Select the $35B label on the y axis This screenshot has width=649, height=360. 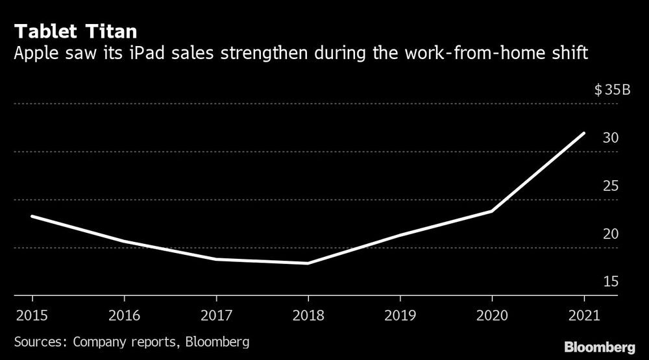coord(612,90)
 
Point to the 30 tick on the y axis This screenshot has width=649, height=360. coord(610,138)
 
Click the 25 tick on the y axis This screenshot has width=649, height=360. coord(610,186)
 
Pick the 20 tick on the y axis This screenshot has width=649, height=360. coord(610,234)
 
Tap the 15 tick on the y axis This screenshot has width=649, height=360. coord(610,282)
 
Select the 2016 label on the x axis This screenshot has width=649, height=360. coord(124,317)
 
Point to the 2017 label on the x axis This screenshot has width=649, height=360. coord(216,317)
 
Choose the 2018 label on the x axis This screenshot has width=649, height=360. coord(308,317)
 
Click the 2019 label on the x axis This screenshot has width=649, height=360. coord(400,317)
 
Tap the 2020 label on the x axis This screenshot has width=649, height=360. coord(492,317)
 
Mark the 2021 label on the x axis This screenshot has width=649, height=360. coord(584,317)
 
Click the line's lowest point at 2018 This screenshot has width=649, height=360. coord(308,263)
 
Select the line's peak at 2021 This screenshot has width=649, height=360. coord(584,133)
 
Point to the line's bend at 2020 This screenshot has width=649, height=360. coord(492,211)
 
